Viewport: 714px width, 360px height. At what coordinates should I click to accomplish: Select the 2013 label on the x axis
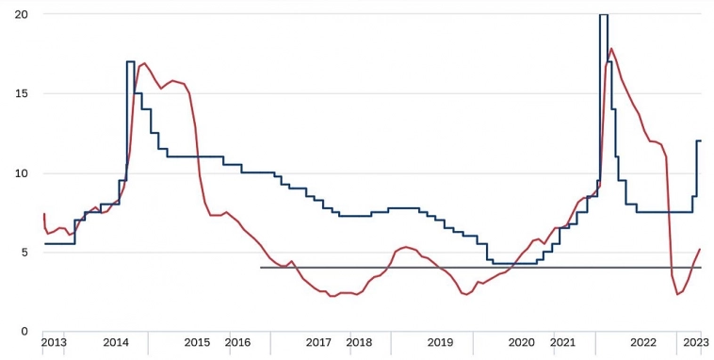pyautogui.click(x=54, y=342)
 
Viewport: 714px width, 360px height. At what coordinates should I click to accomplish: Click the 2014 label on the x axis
pyautogui.click(x=117, y=342)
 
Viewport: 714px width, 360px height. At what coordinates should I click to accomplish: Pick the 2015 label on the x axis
pyautogui.click(x=197, y=342)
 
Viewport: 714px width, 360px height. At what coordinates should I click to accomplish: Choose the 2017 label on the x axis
pyautogui.click(x=318, y=342)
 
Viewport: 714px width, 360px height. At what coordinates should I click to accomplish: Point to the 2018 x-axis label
pyautogui.click(x=359, y=342)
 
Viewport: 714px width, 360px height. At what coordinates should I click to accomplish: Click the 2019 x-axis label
pyautogui.click(x=441, y=342)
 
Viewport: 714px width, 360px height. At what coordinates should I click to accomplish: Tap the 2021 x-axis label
pyautogui.click(x=562, y=342)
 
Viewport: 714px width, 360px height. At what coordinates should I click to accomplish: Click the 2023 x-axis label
pyautogui.click(x=695, y=342)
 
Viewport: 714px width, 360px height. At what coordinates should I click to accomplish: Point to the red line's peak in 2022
pyautogui.click(x=612, y=49)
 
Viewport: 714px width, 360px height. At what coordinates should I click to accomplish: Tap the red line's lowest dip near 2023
pyautogui.click(x=677, y=295)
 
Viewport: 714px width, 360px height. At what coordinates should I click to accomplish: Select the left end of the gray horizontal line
pyautogui.click(x=261, y=268)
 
